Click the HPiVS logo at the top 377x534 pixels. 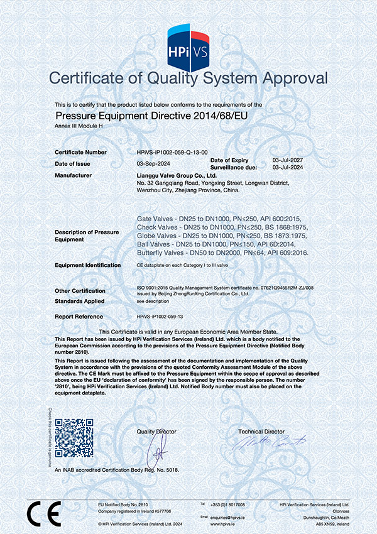point(188,45)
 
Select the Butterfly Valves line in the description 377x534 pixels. point(223,252)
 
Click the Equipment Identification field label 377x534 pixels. point(87,265)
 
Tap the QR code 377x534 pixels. point(74,437)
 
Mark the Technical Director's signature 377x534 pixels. point(260,444)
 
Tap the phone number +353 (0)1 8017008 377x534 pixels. point(227,504)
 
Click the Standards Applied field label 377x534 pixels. point(79,302)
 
